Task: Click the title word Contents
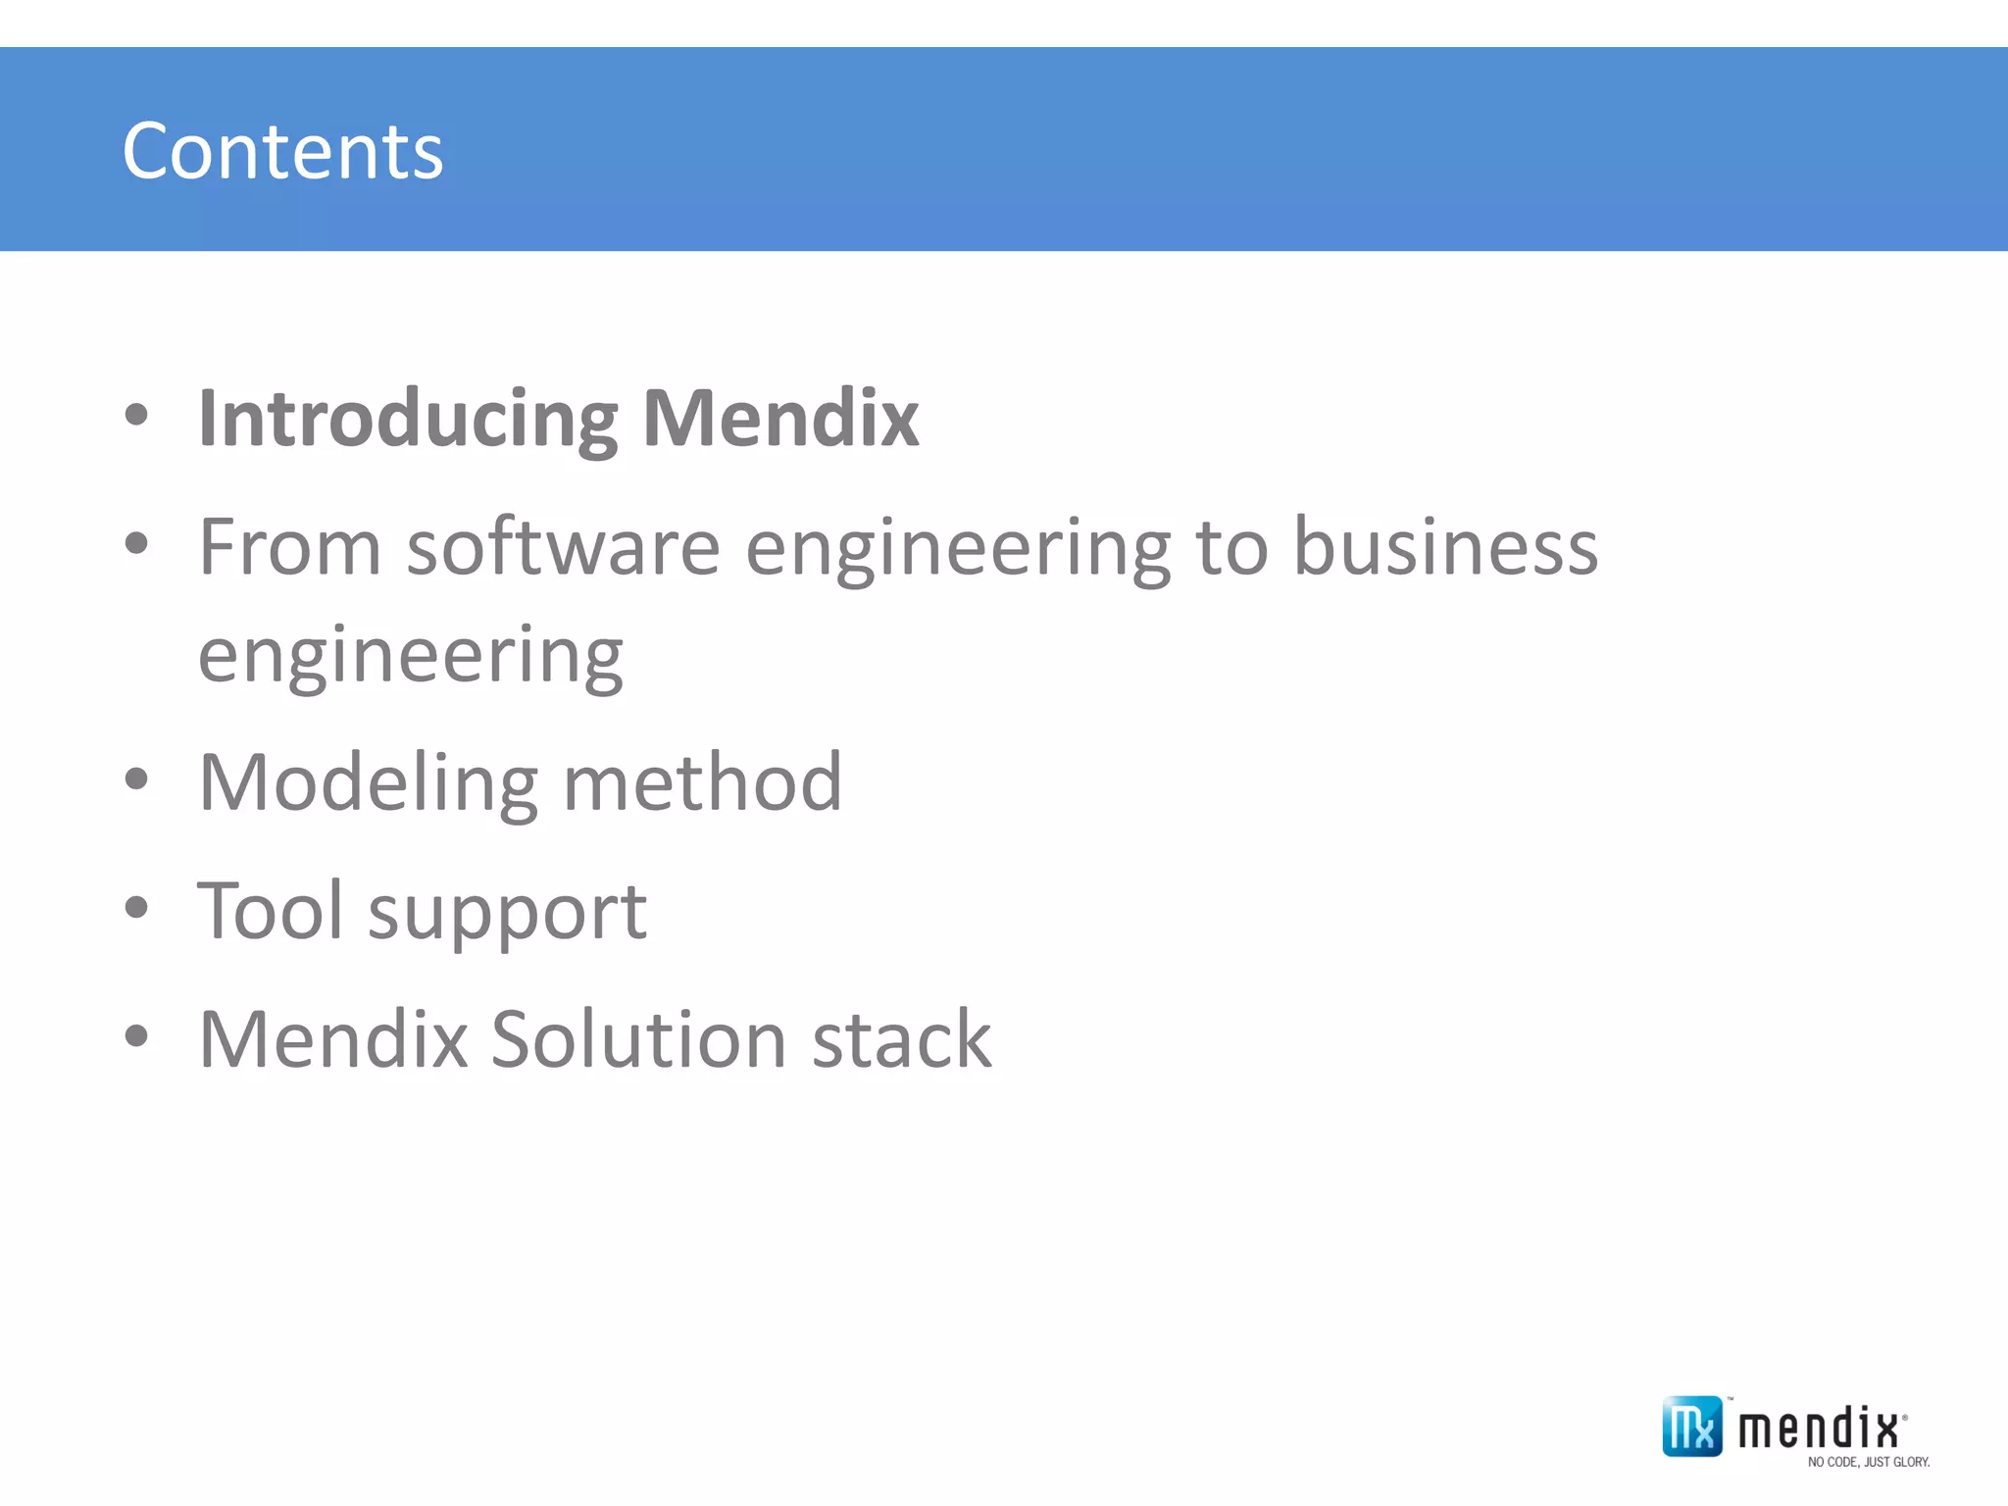pos(282,152)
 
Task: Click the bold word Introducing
pos(408,420)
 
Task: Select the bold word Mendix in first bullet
pos(780,418)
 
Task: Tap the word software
pos(564,547)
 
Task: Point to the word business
pos(1445,547)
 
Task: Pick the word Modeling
pos(368,783)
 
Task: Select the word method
pos(702,783)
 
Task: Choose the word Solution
pos(638,1039)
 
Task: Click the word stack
pos(901,1039)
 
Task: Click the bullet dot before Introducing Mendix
pos(137,416)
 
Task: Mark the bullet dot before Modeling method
pos(137,780)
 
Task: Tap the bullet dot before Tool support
pos(137,908)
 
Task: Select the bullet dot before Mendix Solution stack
pos(137,1036)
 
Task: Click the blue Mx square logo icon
pos(1691,1427)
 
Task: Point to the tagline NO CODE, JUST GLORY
pos(1869,1462)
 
